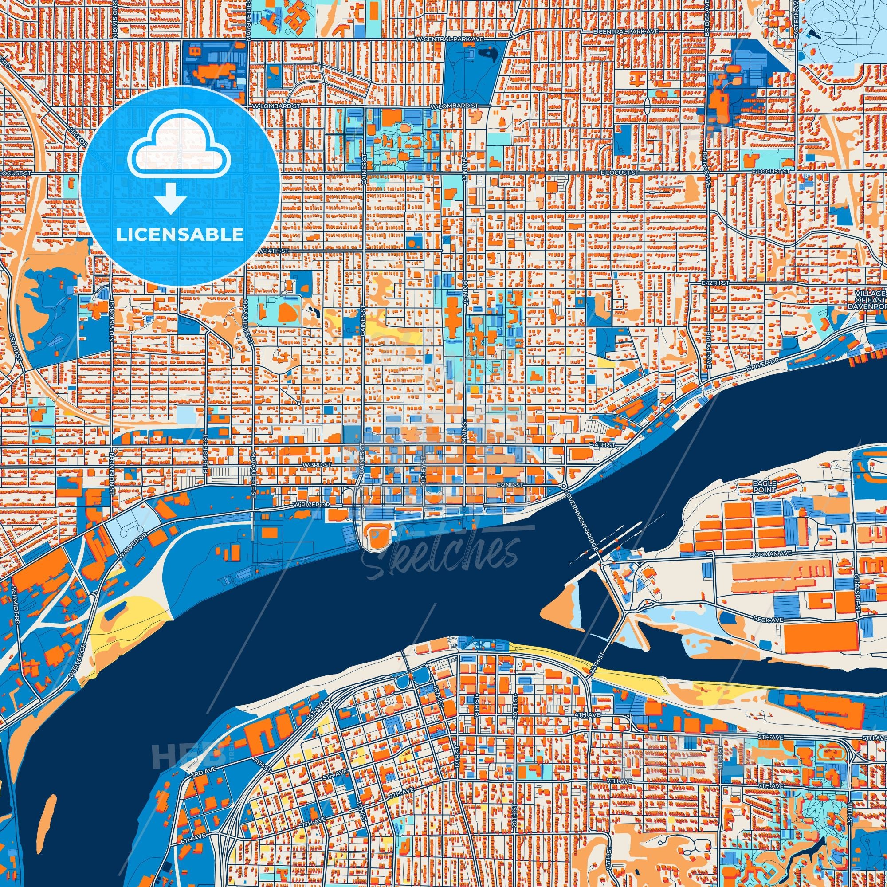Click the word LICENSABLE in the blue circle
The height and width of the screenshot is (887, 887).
[180, 235]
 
